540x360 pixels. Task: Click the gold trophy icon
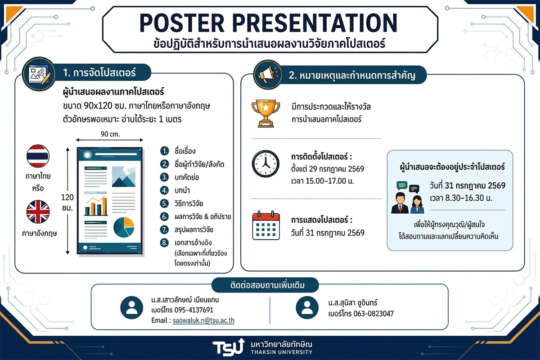click(x=265, y=113)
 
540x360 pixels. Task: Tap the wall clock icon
click(x=265, y=164)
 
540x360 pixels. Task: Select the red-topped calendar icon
click(x=266, y=225)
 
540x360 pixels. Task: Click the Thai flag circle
click(x=38, y=156)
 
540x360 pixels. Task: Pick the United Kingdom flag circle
click(x=38, y=211)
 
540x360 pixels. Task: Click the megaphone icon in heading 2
click(x=268, y=75)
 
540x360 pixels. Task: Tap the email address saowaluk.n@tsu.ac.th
click(x=203, y=320)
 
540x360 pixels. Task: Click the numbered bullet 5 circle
click(x=164, y=203)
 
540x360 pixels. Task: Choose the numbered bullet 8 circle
click(x=164, y=243)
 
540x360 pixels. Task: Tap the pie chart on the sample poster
click(x=124, y=227)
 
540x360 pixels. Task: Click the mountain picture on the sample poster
click(x=124, y=177)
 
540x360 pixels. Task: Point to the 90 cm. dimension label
click(x=110, y=134)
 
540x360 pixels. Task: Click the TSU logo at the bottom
click(x=228, y=347)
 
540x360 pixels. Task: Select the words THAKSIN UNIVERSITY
click(x=281, y=352)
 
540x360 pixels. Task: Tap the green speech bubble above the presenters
click(x=402, y=185)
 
